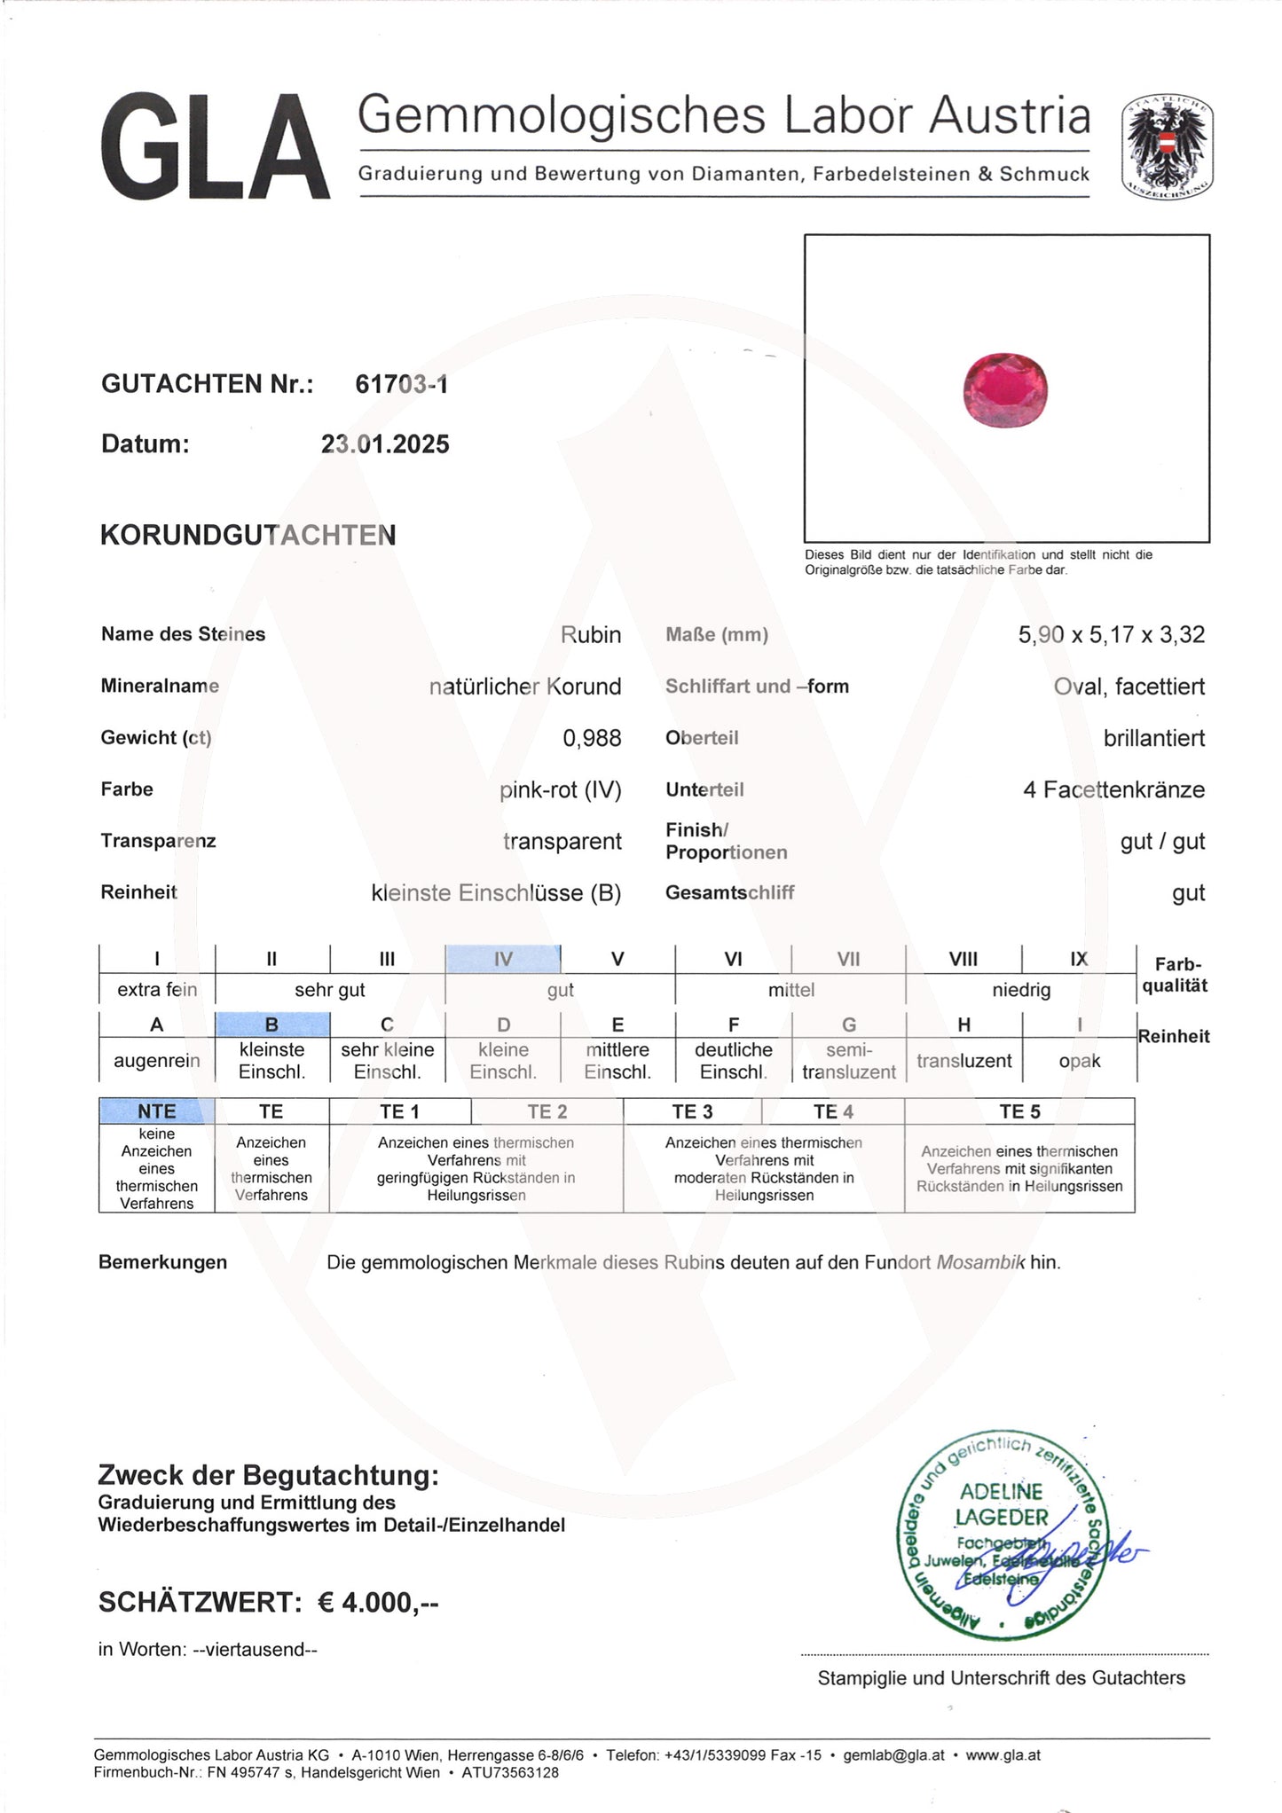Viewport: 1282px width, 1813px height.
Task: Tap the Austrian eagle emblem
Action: pos(1167,145)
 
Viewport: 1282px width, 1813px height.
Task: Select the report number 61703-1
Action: pos(401,384)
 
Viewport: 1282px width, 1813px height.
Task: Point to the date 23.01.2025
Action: pos(385,444)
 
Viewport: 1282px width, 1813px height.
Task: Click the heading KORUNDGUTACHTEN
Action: pos(248,536)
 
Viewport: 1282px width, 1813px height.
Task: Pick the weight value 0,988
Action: pos(592,738)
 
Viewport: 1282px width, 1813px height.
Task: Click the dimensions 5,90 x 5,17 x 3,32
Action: pos(1111,635)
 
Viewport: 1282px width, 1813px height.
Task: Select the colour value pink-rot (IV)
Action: pos(560,789)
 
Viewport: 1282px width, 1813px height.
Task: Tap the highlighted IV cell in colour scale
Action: pos(503,959)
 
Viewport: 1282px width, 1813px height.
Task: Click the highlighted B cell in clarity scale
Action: pos(272,1024)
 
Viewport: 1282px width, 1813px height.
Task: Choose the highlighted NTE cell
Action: pos(157,1111)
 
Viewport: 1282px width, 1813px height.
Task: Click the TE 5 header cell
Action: pos(1019,1111)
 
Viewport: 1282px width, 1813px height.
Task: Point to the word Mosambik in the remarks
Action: pos(980,1262)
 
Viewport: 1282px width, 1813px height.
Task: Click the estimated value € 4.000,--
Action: pos(378,1603)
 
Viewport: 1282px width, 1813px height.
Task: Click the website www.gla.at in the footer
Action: pos(1003,1755)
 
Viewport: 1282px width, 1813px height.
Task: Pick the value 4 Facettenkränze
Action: pos(1113,789)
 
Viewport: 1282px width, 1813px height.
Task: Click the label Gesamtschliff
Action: pos(729,893)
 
